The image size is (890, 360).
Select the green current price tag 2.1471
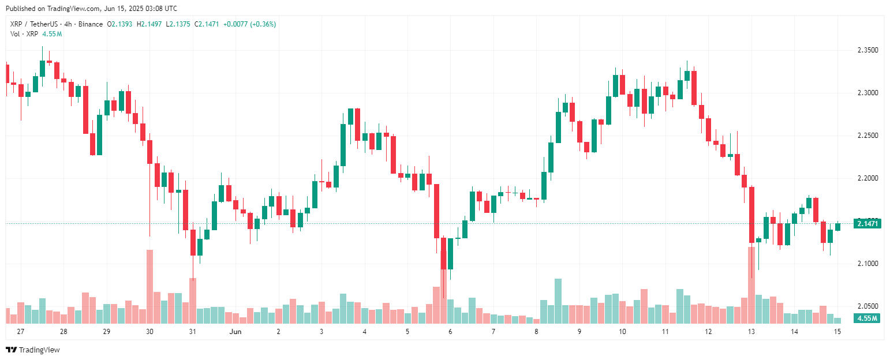pyautogui.click(x=867, y=223)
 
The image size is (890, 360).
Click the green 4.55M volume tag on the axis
pyautogui.click(x=867, y=318)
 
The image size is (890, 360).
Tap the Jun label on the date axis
pyautogui.click(x=235, y=332)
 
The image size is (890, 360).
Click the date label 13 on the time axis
pyautogui.click(x=751, y=332)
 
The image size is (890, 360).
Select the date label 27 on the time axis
pyautogui.click(x=21, y=332)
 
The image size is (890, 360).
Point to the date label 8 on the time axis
pyautogui.click(x=536, y=332)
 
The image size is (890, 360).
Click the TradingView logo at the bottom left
pyautogui.click(x=33, y=350)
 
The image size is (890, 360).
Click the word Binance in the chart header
pyautogui.click(x=92, y=24)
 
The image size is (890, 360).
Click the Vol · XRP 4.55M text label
pyautogui.click(x=36, y=34)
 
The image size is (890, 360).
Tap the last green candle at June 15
pyautogui.click(x=837, y=227)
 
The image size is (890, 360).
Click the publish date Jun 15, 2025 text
pyautogui.click(x=133, y=9)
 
